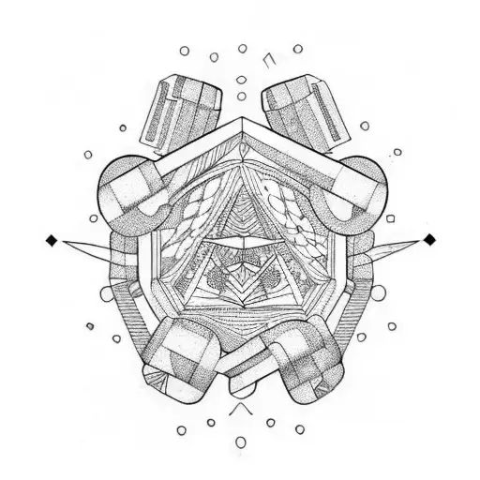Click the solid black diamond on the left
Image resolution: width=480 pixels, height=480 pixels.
click(52, 241)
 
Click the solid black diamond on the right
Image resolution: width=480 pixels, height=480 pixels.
click(429, 240)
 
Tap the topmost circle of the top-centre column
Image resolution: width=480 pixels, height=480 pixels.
click(242, 48)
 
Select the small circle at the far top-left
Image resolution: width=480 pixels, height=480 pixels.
click(184, 52)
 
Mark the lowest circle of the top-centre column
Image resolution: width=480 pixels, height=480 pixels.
click(241, 96)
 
